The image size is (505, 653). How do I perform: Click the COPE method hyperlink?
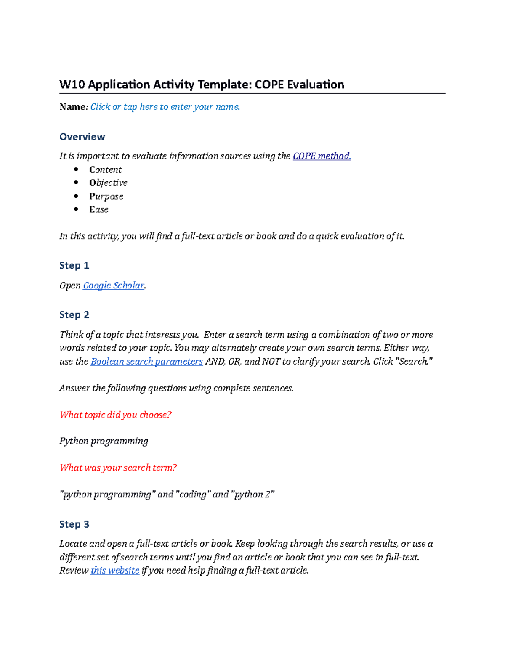point(322,156)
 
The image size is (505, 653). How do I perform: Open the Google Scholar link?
point(114,286)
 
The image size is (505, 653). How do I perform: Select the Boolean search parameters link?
point(146,361)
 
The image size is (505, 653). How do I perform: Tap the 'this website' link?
point(115,570)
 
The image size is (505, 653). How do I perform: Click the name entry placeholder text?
point(165,107)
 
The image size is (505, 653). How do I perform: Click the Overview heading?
point(82,137)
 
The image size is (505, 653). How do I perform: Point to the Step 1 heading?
point(74,265)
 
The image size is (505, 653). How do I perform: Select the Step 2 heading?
point(74,315)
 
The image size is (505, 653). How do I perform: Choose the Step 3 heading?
point(74,524)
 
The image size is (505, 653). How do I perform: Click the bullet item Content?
point(105,169)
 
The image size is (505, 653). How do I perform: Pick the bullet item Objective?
point(108,182)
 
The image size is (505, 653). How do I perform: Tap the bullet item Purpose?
point(106,196)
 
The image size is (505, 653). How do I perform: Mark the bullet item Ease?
point(98,209)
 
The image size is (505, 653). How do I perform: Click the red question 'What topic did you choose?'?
point(115,415)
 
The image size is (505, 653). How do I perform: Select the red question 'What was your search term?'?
point(118,468)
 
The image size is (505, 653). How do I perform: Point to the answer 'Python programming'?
point(104,441)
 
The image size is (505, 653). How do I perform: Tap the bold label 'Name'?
point(72,107)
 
